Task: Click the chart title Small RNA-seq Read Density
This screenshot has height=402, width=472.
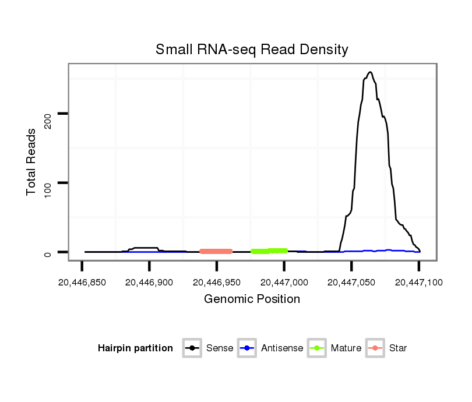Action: (252, 50)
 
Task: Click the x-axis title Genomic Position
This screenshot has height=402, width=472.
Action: (252, 299)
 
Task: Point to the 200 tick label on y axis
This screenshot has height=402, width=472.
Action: (48, 114)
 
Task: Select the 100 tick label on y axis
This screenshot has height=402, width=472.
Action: (48, 183)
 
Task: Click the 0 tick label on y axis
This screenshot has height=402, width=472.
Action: (48, 253)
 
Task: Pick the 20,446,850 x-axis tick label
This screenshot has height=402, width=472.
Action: (82, 283)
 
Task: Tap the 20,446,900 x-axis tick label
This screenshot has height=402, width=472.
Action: (149, 283)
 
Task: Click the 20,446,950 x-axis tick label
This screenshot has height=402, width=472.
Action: (217, 283)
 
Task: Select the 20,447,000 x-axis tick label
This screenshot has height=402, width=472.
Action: (284, 283)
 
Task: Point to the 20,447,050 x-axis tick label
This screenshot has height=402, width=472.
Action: (351, 283)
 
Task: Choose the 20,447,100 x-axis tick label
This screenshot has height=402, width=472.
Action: (418, 283)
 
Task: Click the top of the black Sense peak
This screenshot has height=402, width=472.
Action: (370, 72)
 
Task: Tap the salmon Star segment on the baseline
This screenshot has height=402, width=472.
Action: (216, 251)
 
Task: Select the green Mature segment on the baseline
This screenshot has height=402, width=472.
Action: (269, 251)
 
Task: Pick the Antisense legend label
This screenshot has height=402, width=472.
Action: (282, 348)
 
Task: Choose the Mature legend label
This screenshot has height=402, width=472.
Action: (346, 348)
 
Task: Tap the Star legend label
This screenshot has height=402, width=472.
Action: (398, 348)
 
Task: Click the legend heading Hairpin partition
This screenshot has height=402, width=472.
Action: (135, 348)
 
